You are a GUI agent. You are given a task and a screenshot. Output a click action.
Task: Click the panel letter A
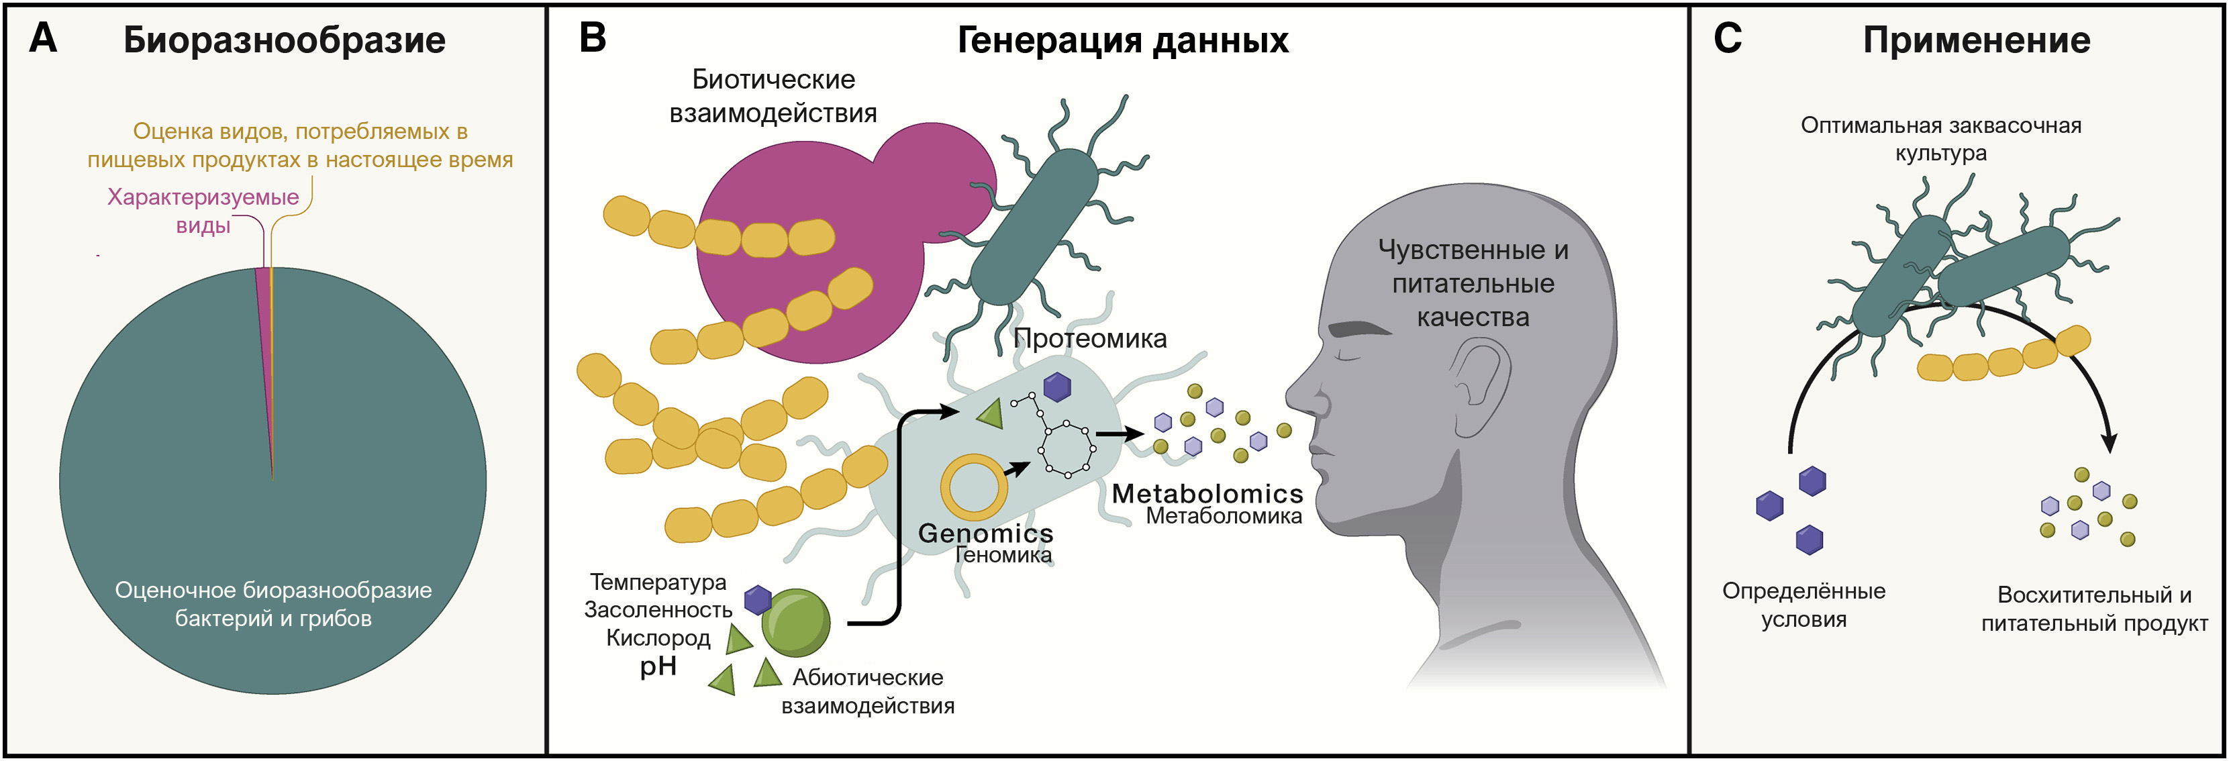point(42,39)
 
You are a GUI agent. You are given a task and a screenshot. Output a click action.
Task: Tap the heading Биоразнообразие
point(284,41)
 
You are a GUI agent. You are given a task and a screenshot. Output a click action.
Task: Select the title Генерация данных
point(1122,41)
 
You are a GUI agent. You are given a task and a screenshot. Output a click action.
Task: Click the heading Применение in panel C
point(1977,41)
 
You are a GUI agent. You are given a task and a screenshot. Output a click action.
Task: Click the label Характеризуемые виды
point(203,211)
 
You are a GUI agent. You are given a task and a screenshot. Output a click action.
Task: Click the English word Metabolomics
point(1207,494)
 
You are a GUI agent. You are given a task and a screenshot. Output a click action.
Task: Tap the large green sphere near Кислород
point(795,623)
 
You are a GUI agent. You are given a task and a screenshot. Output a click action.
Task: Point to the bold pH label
point(658,667)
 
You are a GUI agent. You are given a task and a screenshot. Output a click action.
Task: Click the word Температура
point(658,582)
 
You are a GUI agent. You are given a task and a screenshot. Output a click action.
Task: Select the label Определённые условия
point(1803,605)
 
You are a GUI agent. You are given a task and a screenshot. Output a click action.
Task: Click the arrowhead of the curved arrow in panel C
point(2110,443)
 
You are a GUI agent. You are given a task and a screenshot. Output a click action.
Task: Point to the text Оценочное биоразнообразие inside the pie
point(273,591)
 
